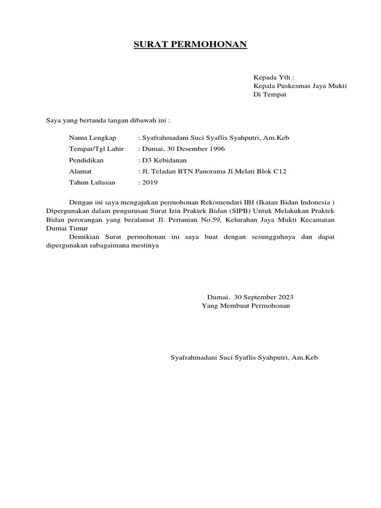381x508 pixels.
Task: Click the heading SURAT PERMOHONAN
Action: coord(190,45)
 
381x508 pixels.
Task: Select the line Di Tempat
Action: coord(270,94)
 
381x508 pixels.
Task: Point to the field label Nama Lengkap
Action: coord(93,137)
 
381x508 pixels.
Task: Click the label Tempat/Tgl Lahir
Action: coord(97,148)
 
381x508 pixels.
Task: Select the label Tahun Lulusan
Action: coord(92,182)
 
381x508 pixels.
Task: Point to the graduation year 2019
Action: coord(150,182)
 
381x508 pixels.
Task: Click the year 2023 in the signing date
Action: coord(285,297)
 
